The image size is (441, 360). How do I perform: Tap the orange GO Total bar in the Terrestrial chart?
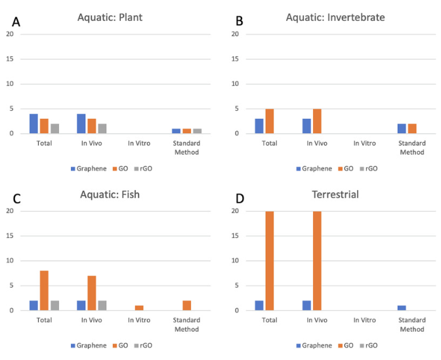point(270,260)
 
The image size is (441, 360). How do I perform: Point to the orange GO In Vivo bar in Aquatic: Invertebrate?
point(317,121)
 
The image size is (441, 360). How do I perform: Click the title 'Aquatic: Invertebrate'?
point(331,17)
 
